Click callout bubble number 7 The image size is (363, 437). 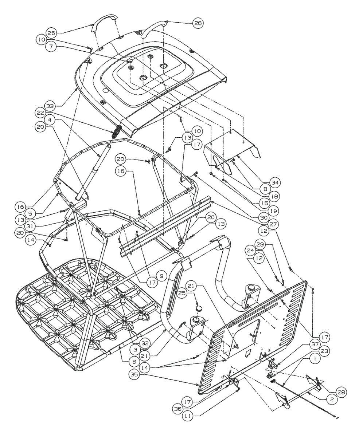point(50,47)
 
